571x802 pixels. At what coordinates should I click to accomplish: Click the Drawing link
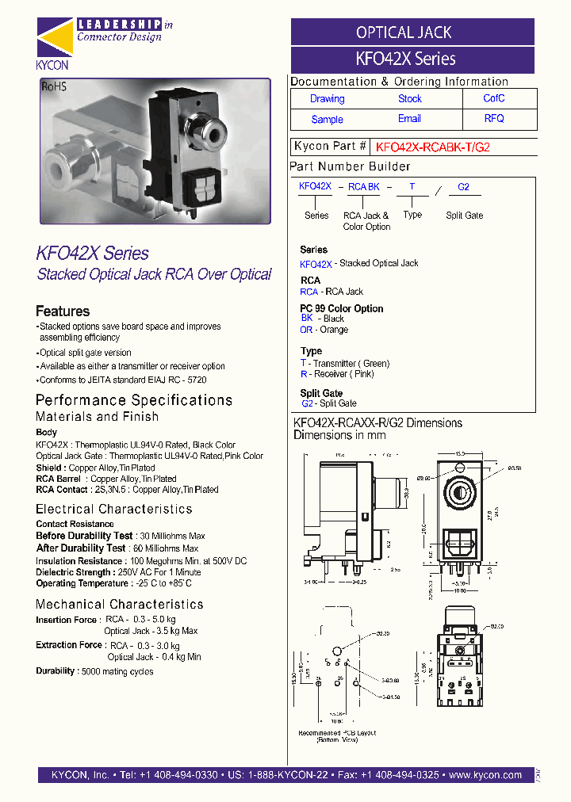pyautogui.click(x=327, y=99)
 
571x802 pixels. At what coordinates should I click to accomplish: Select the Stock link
pyautogui.click(x=409, y=99)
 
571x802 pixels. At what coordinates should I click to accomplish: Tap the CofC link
pyautogui.click(x=493, y=98)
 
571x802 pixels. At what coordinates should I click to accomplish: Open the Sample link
pyautogui.click(x=327, y=120)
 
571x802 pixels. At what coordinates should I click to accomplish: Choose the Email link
pyautogui.click(x=409, y=119)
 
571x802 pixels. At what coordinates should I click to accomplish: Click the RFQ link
pyautogui.click(x=493, y=119)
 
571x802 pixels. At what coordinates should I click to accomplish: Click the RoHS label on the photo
pyautogui.click(x=54, y=89)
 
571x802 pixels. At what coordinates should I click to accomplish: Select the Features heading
pyautogui.click(x=63, y=311)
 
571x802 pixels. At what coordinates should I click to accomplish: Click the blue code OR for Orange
pyautogui.click(x=306, y=330)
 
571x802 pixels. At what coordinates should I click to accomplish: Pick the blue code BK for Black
pyautogui.click(x=306, y=318)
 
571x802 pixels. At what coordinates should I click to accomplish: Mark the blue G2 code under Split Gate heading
pyautogui.click(x=307, y=403)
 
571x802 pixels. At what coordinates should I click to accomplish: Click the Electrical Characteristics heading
pyautogui.click(x=113, y=509)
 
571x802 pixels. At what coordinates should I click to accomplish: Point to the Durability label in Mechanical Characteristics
pyautogui.click(x=55, y=671)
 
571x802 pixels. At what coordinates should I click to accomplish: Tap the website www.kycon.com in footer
pyautogui.click(x=485, y=775)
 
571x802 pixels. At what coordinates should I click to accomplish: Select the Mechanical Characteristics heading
pyautogui.click(x=120, y=604)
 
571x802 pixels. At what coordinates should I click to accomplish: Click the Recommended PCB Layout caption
pyautogui.click(x=336, y=733)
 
